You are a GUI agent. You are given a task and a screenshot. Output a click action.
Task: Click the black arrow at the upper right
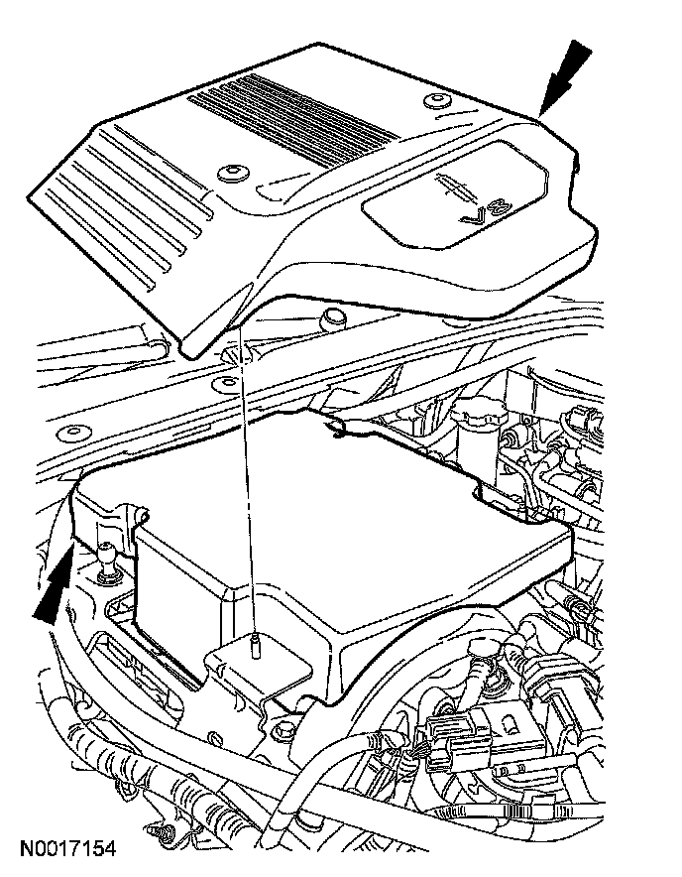tap(566, 78)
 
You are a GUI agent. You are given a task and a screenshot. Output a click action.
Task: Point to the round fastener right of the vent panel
tap(434, 100)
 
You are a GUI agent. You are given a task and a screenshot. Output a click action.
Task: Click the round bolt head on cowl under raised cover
tap(333, 317)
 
